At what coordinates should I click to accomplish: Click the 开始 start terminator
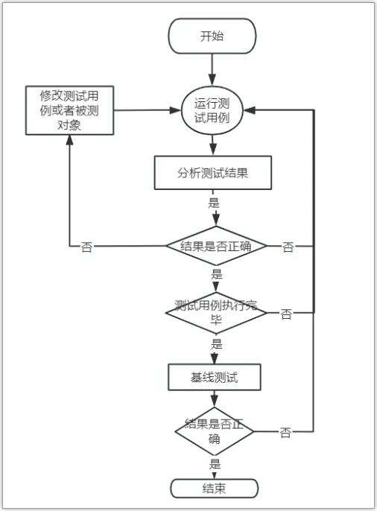212,36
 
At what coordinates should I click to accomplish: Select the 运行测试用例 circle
212,110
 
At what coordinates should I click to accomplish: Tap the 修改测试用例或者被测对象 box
70,110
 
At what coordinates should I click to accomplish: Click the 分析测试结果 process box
213,173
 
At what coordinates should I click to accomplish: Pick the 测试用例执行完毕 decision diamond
216,313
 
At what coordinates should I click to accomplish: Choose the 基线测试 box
215,377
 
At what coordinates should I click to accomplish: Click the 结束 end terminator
215,488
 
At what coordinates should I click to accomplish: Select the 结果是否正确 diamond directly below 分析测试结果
216,246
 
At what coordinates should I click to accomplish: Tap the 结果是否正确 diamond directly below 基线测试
214,431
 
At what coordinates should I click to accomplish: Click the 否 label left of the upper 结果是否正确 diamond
86,247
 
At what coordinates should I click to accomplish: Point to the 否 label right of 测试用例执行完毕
286,314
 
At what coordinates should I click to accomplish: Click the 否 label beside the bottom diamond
285,433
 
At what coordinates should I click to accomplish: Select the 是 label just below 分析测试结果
214,203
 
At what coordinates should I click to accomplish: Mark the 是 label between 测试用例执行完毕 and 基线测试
217,343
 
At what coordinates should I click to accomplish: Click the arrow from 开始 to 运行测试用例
212,70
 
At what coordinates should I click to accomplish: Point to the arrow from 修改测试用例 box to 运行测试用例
148,110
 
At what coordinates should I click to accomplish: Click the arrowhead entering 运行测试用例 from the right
250,110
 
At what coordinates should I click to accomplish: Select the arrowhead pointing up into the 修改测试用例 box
69,140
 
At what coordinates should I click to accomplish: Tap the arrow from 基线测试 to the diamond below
214,399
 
